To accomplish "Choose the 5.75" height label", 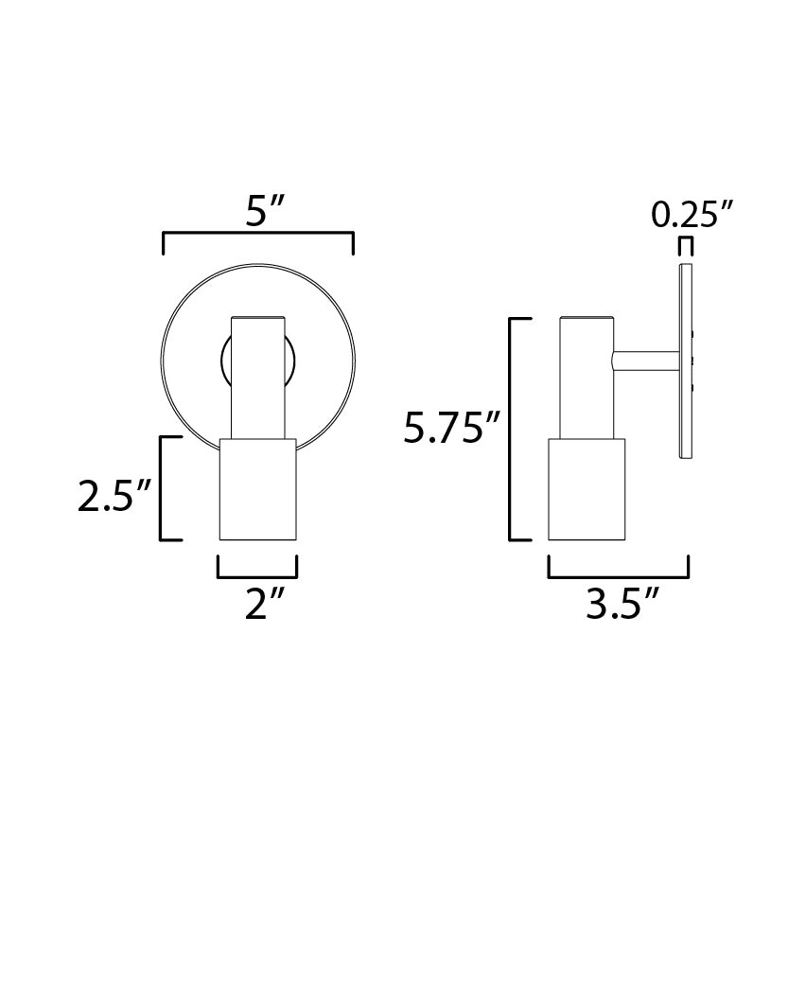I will pyautogui.click(x=451, y=429).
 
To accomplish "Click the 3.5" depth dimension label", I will pyautogui.click(x=621, y=603).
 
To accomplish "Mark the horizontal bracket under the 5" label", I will pyautogui.click(x=258, y=233).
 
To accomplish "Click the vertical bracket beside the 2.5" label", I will pyautogui.click(x=163, y=488).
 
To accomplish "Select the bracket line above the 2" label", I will pyautogui.click(x=257, y=575).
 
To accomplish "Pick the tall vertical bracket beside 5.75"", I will pyautogui.click(x=512, y=429).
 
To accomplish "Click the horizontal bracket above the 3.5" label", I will pyautogui.click(x=619, y=575).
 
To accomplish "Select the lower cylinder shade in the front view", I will pyautogui.click(x=258, y=488).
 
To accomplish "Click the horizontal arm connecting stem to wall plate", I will pyautogui.click(x=646, y=361).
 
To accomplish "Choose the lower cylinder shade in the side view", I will pyautogui.click(x=587, y=488).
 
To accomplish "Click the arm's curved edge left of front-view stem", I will pyautogui.click(x=225, y=360).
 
